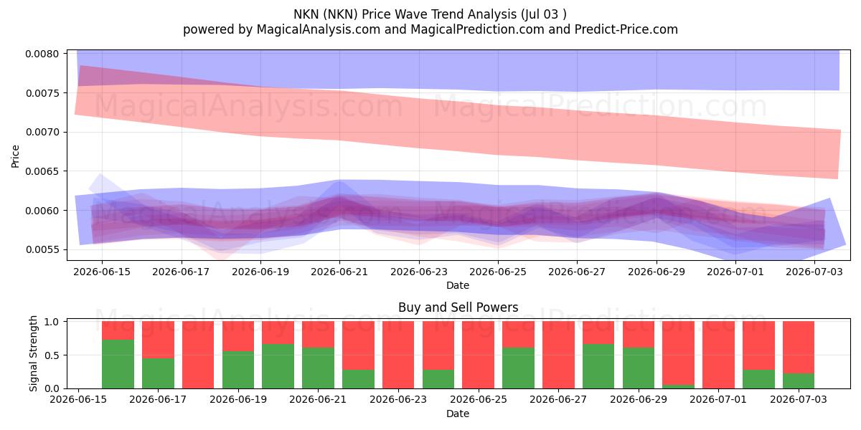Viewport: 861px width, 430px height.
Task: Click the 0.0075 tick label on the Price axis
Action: tap(42, 93)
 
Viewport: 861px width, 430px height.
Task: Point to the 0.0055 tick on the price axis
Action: tap(42, 250)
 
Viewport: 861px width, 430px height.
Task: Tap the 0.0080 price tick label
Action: tap(42, 54)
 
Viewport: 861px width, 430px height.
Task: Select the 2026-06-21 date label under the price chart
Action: tap(339, 272)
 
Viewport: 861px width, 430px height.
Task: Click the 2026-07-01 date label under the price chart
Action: tap(735, 272)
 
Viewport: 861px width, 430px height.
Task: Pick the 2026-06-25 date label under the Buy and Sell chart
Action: tap(479, 399)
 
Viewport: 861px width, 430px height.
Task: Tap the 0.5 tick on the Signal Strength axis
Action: tap(52, 355)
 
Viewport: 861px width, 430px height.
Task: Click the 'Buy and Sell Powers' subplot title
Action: tap(458, 307)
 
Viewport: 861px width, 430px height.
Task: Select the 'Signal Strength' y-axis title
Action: tap(34, 353)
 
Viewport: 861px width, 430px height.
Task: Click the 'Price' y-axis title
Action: tap(15, 157)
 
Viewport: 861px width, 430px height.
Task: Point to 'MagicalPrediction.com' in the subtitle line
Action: tap(477, 29)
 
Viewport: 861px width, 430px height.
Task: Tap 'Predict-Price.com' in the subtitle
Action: tap(626, 29)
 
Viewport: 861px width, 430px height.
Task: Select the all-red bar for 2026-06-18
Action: tap(198, 355)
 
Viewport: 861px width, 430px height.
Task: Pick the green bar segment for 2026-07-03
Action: tap(799, 381)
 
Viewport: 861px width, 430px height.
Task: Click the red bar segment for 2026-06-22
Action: tap(358, 345)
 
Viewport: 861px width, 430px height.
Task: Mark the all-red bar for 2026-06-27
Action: tap(558, 355)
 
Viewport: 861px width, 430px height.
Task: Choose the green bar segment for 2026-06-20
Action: tap(278, 366)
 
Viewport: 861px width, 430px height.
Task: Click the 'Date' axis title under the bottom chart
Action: tap(458, 414)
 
